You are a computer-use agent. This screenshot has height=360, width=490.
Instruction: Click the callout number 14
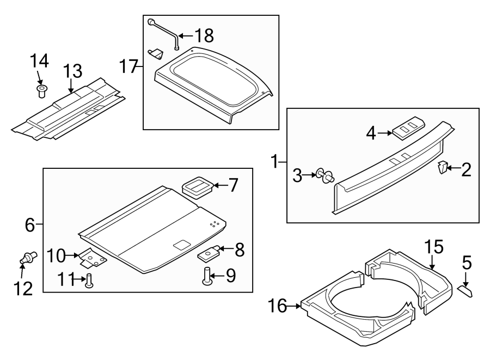coord(39,60)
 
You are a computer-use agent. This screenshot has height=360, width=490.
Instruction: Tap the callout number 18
coord(204,36)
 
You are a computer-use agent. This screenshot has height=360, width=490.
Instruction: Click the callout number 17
coord(129,68)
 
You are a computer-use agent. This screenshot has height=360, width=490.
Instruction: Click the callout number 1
coord(276,161)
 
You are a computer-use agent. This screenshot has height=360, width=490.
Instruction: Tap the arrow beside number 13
coord(70,86)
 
